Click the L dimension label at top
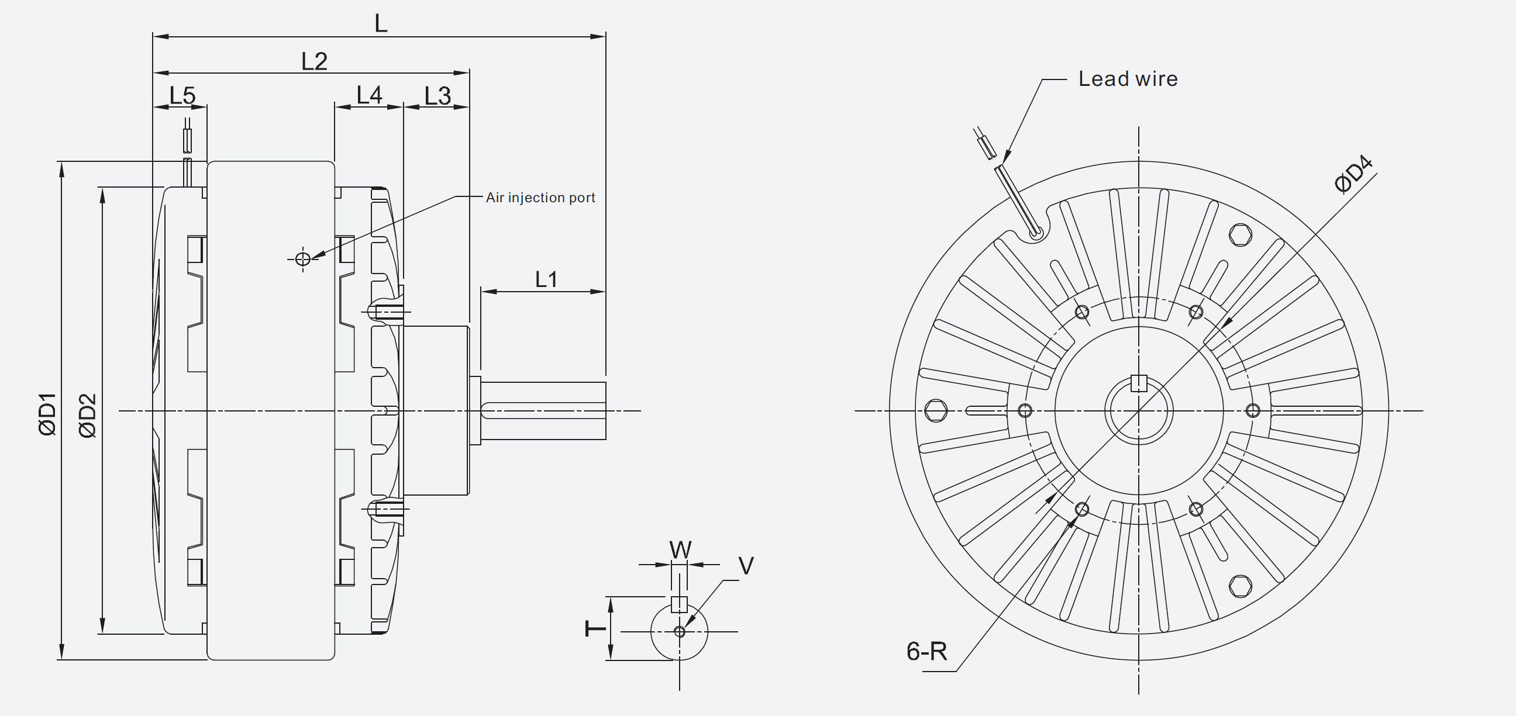tap(381, 23)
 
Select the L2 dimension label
tap(313, 61)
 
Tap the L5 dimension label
tap(182, 95)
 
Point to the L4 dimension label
tap(369, 95)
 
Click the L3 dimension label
tap(437, 96)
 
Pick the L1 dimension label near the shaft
tap(546, 279)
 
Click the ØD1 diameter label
tap(48, 414)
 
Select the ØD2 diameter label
tap(87, 416)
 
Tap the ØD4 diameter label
tap(1354, 174)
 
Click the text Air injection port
tap(540, 198)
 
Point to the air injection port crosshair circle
tap(302, 259)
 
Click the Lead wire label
tap(1128, 79)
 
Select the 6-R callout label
tap(926, 651)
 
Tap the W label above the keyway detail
tap(680, 550)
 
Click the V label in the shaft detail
tap(746, 566)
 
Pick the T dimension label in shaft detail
tap(595, 628)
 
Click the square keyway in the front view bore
tap(1139, 383)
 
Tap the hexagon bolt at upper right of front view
tap(1241, 235)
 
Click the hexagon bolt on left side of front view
tap(936, 410)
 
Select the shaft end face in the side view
tap(605, 410)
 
